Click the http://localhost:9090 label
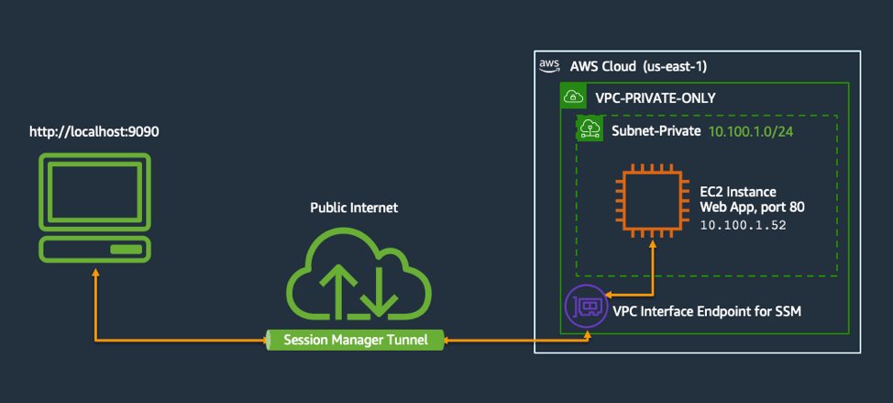pyautogui.click(x=94, y=131)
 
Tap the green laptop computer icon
pyautogui.click(x=94, y=207)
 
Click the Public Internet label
pyautogui.click(x=354, y=207)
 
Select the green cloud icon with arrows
pyautogui.click(x=353, y=274)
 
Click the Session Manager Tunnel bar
pyautogui.click(x=354, y=340)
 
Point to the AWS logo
pyautogui.click(x=549, y=65)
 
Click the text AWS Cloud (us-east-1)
pyautogui.click(x=638, y=66)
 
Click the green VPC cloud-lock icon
pyautogui.click(x=573, y=96)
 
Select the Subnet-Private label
pyautogui.click(x=656, y=131)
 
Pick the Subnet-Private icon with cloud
pyautogui.click(x=589, y=129)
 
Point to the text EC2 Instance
pyautogui.click(x=738, y=191)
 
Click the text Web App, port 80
pyautogui.click(x=752, y=207)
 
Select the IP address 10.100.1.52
pyautogui.click(x=743, y=224)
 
